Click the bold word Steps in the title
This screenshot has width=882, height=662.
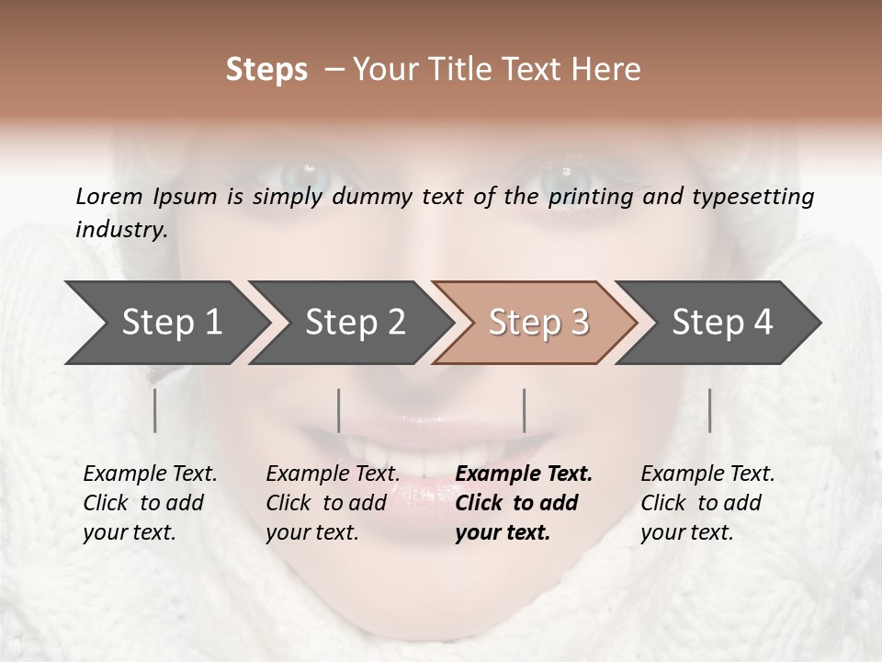pos(266,70)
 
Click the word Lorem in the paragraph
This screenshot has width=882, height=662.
pos(109,196)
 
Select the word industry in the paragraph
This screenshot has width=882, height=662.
pos(120,229)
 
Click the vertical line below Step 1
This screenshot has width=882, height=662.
pos(155,410)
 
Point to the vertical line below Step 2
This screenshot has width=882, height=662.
pos(339,410)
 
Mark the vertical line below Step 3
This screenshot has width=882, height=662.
pos(524,410)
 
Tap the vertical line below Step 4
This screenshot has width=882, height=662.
pos(709,410)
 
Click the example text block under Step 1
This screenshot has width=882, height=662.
pos(150,503)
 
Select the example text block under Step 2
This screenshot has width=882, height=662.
pos(333,503)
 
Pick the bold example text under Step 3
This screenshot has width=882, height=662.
pos(524,503)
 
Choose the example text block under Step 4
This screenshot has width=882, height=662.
pos(707,503)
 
